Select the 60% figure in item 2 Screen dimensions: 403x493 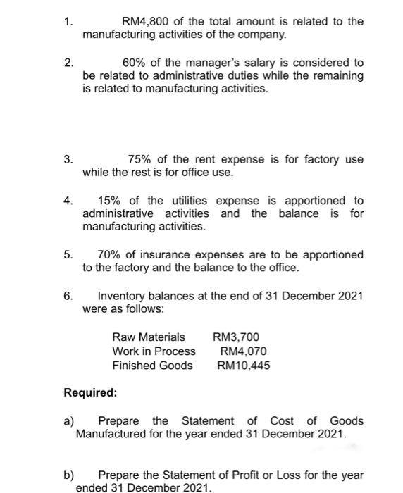pos(135,63)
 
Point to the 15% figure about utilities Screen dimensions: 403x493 pos(109,201)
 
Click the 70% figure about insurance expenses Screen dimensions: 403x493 pos(109,254)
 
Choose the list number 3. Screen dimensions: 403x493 pos(68,159)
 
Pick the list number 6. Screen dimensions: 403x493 pos(68,296)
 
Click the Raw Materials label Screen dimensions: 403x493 pos(149,337)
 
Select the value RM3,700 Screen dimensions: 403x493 pos(236,337)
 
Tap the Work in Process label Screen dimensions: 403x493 pos(154,351)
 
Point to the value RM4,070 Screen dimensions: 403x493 pos(243,351)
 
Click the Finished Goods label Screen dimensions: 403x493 pos(152,366)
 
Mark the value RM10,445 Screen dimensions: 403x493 pos(243,366)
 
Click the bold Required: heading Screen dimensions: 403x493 pos(90,392)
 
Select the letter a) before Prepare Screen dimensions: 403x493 pos(69,421)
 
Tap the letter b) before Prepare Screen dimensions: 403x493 pos(69,475)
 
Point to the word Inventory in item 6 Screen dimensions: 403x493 pos(121,296)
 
